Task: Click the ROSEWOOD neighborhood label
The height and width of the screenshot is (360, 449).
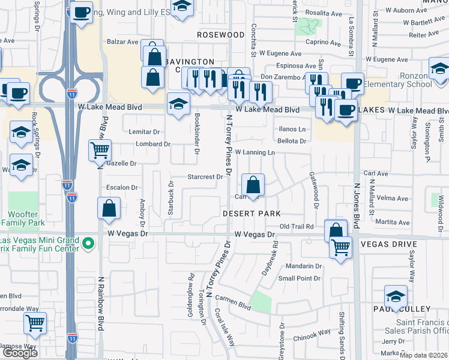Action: coord(221,35)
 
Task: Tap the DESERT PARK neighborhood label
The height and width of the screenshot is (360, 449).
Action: coord(252,214)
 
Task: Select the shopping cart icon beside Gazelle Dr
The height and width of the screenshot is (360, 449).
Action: coord(100,151)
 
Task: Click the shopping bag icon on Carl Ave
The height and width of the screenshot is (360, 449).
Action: coord(253,184)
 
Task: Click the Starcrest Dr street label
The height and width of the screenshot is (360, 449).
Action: coord(204,177)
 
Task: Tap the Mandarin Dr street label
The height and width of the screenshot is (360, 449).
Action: coord(304,266)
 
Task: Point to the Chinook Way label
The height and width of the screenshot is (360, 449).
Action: coord(312,334)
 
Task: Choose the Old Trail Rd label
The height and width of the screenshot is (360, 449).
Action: coord(298,226)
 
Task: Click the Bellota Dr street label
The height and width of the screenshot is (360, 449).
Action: coord(292,141)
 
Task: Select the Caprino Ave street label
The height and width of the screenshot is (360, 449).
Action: coord(323,43)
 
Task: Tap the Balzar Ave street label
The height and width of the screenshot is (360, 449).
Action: coord(123,42)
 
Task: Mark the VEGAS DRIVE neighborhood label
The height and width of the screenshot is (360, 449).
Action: coord(388,244)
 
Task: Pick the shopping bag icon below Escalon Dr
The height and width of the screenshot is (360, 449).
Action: coord(109,208)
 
